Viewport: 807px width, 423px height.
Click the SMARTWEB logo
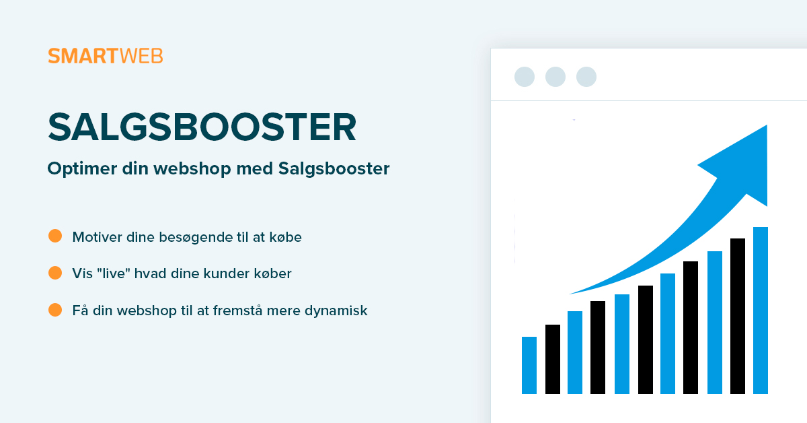[x=106, y=56]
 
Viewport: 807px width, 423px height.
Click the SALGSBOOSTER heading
[x=202, y=127]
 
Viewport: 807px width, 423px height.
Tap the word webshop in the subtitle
[x=192, y=169]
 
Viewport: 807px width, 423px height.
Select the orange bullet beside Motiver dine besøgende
[x=55, y=236]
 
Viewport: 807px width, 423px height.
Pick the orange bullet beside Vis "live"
[x=55, y=273]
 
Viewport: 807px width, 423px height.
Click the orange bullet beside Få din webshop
[x=55, y=310]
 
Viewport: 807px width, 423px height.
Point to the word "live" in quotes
[x=114, y=273]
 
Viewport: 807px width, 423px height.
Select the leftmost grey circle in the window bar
[x=525, y=77]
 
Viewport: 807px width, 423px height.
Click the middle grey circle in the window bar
[x=555, y=77]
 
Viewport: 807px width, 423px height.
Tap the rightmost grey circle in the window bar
[x=586, y=77]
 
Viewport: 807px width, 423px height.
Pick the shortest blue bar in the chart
[x=529, y=365]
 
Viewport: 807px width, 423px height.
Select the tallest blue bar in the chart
[x=761, y=311]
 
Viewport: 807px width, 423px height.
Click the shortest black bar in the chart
[x=553, y=359]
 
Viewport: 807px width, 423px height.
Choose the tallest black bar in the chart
[x=738, y=316]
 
